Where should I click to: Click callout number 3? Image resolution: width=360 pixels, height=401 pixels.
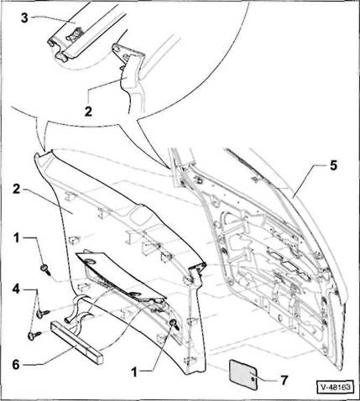tap(25, 18)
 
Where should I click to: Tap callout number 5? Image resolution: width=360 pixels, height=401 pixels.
tap(333, 165)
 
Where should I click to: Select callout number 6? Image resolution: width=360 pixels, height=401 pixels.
tap(16, 364)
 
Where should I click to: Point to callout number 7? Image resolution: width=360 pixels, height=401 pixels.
tap(284, 380)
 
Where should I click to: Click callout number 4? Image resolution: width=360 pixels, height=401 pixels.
tap(16, 289)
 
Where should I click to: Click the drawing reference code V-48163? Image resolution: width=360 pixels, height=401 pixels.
tap(335, 388)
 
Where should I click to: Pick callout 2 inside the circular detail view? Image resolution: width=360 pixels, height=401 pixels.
tap(88, 112)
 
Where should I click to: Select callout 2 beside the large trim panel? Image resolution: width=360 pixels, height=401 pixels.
tap(17, 190)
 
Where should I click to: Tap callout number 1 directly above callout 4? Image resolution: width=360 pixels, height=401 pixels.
tap(17, 238)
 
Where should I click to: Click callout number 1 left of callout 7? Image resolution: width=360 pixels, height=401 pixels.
tap(134, 372)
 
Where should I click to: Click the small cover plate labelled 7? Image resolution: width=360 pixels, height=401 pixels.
tap(243, 373)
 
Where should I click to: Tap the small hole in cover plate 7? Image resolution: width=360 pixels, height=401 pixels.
tap(253, 378)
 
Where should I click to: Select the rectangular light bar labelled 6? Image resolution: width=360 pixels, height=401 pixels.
tap(76, 342)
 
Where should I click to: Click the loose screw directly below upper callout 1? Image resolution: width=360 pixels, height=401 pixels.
tap(46, 269)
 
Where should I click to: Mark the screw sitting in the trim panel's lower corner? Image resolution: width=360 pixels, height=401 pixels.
tap(175, 325)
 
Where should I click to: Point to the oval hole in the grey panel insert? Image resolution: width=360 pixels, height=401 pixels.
tap(91, 262)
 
